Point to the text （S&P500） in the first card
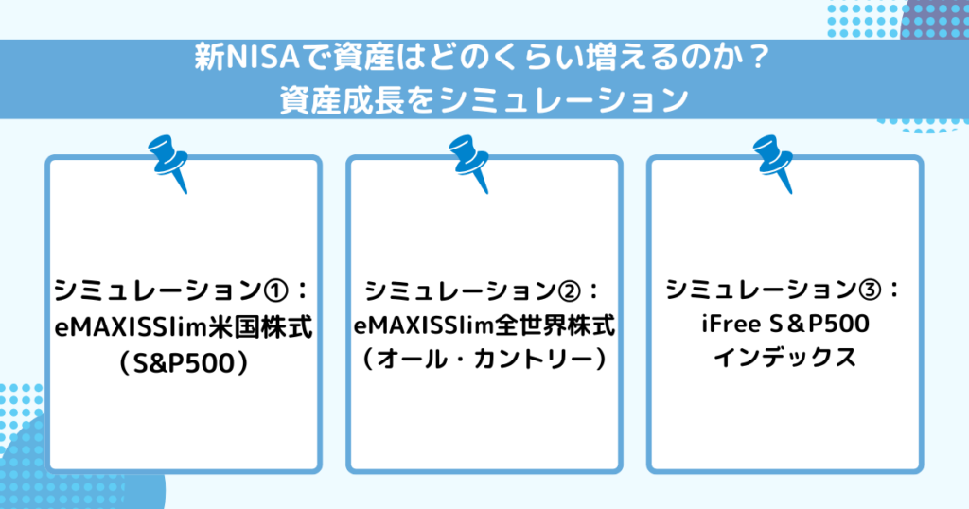click(185, 361)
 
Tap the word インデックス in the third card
click(784, 360)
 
